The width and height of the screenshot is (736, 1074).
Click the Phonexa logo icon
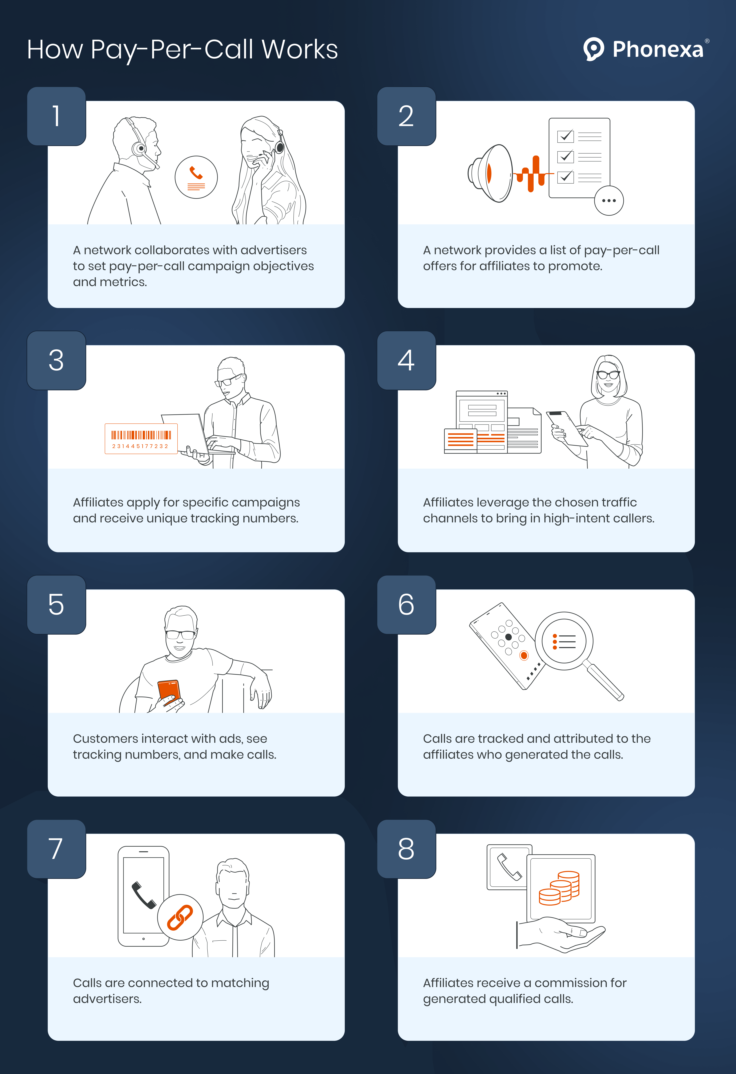pos(593,49)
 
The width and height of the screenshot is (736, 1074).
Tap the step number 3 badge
pos(56,360)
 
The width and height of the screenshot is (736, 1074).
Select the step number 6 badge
pos(406,605)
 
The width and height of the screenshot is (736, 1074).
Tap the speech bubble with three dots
pos(609,201)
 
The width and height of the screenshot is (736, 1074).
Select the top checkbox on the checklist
pos(566,136)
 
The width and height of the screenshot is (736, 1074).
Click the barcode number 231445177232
pos(140,446)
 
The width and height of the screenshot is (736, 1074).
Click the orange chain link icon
pos(180,917)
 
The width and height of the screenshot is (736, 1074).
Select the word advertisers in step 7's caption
pos(107,999)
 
